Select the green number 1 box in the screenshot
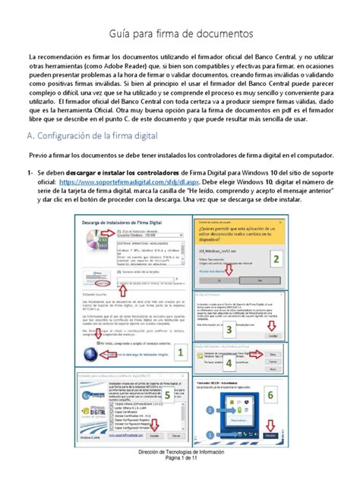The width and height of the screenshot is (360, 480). [x=180, y=352]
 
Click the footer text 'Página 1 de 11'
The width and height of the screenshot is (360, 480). [x=180, y=472]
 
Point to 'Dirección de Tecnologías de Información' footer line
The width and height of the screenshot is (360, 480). [x=180, y=464]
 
